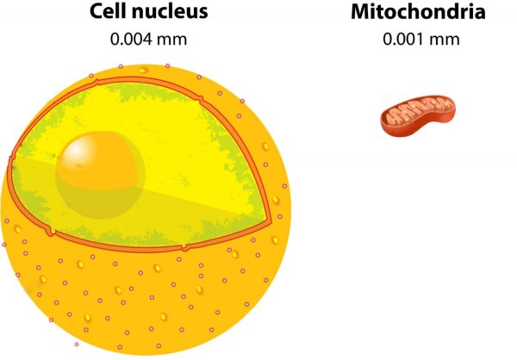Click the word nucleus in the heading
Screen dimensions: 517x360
pos(170,13)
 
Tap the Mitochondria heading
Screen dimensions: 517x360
pos(418,11)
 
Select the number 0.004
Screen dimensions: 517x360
pos(131,40)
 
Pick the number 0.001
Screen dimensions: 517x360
pos(404,40)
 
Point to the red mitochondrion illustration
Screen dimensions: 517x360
pos(419,115)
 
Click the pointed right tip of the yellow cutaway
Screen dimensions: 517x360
pos(270,220)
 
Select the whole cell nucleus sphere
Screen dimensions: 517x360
pos(146,209)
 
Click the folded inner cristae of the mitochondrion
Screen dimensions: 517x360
pos(419,109)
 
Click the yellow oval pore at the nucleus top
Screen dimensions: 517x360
pos(143,70)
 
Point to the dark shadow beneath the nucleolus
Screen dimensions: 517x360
pos(100,202)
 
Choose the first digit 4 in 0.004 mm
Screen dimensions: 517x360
pos(147,40)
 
